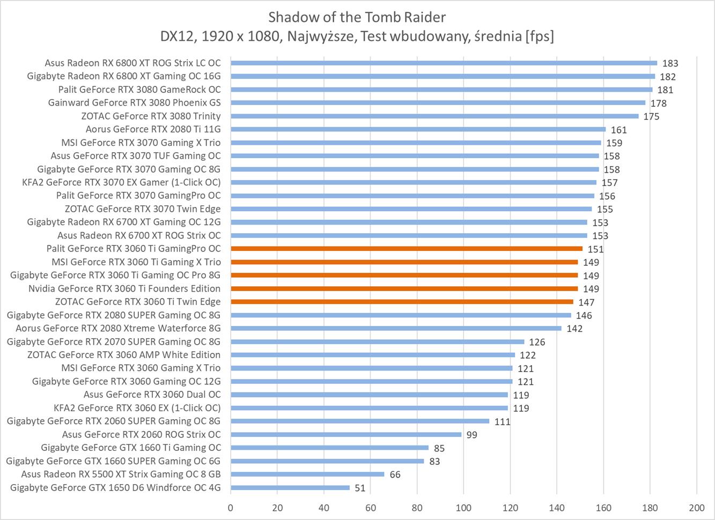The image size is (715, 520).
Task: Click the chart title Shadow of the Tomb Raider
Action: point(357,17)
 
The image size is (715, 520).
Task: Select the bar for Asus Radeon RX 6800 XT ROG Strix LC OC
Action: point(444,63)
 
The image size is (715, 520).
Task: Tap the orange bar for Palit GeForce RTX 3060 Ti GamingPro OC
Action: point(407,249)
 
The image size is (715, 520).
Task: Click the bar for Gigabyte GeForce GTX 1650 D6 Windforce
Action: point(290,487)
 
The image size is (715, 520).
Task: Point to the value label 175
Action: point(651,117)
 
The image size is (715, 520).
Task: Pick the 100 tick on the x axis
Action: point(463,508)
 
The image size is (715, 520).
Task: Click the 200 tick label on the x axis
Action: point(696,508)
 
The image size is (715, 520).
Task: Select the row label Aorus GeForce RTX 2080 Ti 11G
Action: point(153,129)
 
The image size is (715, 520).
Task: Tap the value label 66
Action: point(395,474)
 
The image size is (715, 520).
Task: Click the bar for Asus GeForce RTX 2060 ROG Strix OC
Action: point(346,434)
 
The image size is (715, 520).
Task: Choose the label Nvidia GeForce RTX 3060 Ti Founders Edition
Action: point(124,288)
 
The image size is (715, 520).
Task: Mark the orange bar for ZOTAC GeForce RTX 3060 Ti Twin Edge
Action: point(402,302)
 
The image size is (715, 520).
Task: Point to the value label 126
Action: point(537,342)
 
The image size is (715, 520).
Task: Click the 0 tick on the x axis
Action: point(231,508)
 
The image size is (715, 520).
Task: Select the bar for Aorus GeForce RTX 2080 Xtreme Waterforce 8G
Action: point(396,328)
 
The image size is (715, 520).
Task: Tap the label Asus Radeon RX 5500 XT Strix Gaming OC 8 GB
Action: point(121,474)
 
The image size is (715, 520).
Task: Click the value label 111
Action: point(502,422)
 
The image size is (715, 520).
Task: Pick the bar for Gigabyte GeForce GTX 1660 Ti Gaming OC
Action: point(329,448)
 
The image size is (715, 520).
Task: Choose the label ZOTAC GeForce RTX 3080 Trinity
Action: point(151,116)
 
